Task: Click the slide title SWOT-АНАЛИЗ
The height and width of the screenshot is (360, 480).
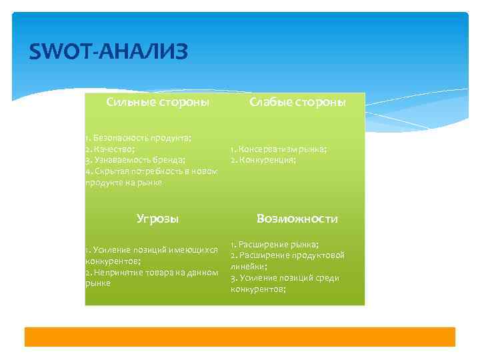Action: (109, 51)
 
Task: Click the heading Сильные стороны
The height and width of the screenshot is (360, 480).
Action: (158, 102)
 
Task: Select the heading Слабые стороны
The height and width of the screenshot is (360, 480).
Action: (297, 102)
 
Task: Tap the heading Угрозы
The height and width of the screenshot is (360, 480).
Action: (157, 218)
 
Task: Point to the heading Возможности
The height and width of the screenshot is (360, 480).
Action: (297, 219)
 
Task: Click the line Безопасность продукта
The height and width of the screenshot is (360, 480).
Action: (138, 138)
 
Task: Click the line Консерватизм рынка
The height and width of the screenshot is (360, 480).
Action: (279, 149)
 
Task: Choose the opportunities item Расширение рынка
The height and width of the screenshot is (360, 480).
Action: (275, 244)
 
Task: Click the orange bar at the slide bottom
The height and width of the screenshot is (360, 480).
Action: (240, 337)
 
